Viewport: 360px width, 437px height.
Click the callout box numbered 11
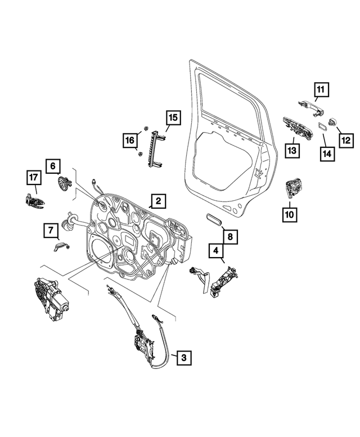coord(320,90)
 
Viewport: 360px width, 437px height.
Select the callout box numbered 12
coord(345,137)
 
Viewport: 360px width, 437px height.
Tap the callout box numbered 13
coord(292,151)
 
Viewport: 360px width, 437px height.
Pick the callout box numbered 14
coord(326,152)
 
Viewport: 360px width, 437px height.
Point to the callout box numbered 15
coord(172,118)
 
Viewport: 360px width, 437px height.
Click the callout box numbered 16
coord(130,139)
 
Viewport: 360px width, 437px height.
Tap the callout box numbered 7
coord(51,230)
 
